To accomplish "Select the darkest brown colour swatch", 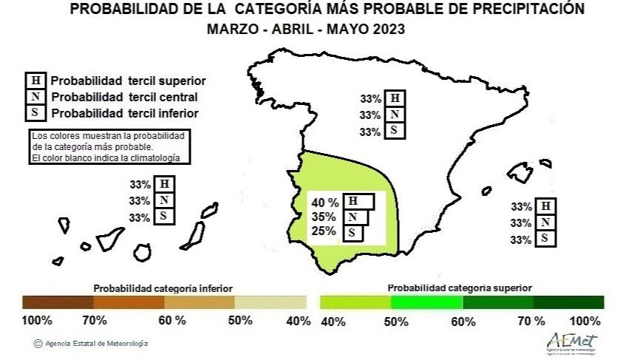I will pyautogui.click(x=58, y=302).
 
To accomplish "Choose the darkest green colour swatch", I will pyautogui.click(x=568, y=302).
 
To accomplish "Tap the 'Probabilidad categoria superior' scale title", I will pyautogui.click(x=460, y=288).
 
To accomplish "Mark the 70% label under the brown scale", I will pyautogui.click(x=95, y=320).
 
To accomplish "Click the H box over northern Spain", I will pyautogui.click(x=395, y=98).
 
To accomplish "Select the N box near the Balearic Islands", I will pyautogui.click(x=545, y=223).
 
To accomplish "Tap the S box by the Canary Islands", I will pyautogui.click(x=164, y=217).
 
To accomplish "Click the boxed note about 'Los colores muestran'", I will pyautogui.click(x=109, y=147).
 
